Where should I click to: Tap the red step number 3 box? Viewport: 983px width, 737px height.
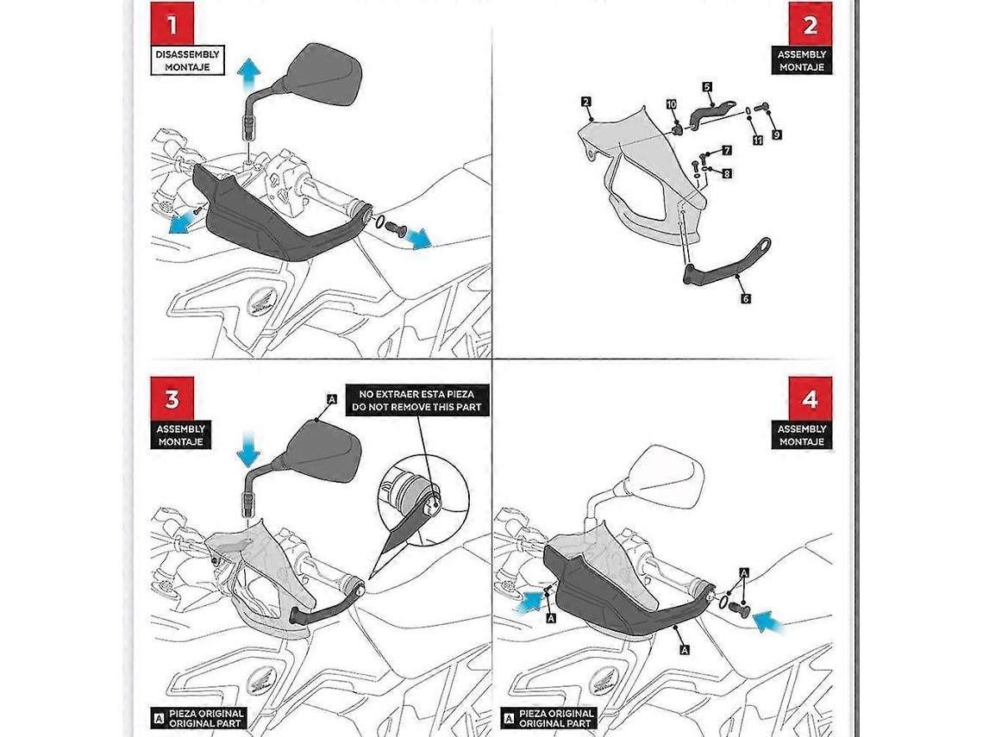coord(172,398)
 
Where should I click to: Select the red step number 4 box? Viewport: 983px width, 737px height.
coord(811,398)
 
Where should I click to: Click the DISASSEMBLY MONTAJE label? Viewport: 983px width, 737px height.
coord(187,61)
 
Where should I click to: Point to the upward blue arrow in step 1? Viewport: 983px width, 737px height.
coord(249,75)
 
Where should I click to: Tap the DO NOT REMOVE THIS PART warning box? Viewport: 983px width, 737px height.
coord(416,401)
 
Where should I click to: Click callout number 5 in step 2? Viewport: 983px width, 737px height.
coord(707,87)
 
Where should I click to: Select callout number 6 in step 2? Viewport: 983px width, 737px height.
coord(745,298)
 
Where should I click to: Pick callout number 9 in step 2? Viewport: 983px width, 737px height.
coord(777,134)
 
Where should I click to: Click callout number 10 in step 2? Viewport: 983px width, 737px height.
coord(672,104)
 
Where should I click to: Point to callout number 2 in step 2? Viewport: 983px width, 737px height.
coord(586,102)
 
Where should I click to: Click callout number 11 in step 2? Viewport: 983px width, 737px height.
coord(757,140)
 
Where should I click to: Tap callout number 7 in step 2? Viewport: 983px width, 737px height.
coord(727,150)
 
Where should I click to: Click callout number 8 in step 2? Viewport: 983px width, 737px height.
coord(727,173)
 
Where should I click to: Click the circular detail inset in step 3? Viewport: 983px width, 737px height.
coord(423,498)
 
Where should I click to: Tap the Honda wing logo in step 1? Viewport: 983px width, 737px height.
coord(259,305)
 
